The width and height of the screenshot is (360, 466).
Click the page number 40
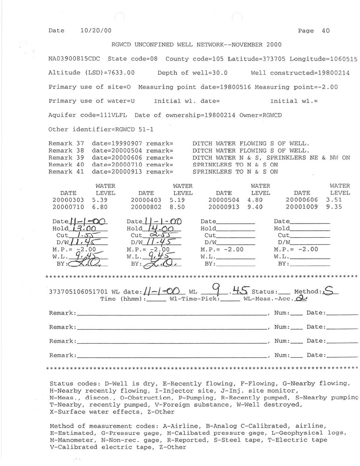point(326,31)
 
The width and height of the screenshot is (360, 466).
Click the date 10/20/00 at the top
point(93,31)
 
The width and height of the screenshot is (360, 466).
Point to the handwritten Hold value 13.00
point(87,228)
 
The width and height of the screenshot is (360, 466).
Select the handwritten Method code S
point(329,291)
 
